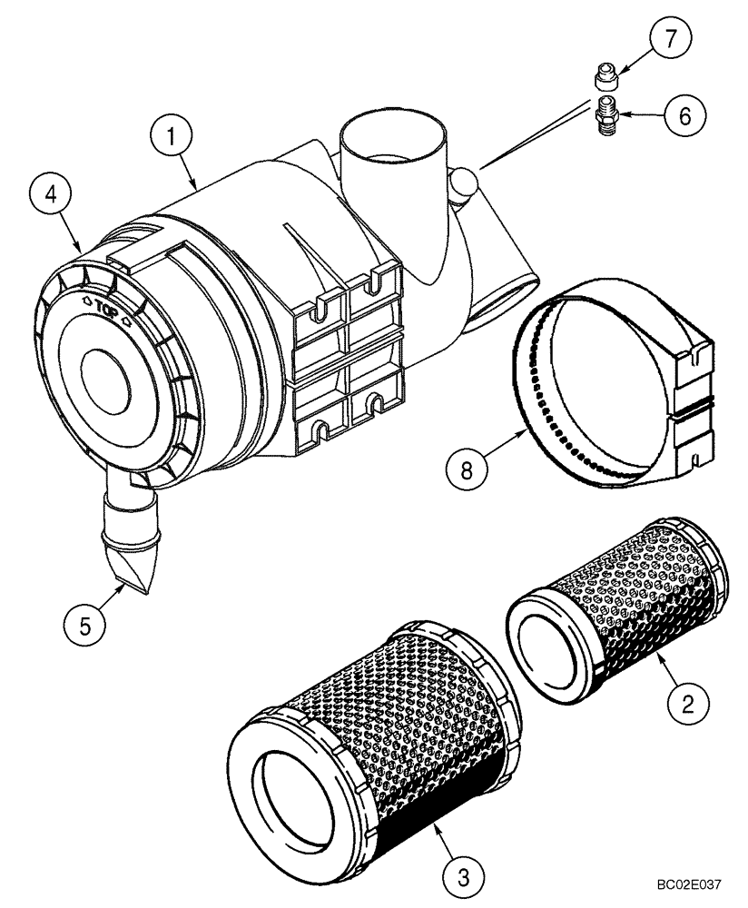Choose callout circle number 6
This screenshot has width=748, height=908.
(x=684, y=115)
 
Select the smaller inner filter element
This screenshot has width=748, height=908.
(x=617, y=599)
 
